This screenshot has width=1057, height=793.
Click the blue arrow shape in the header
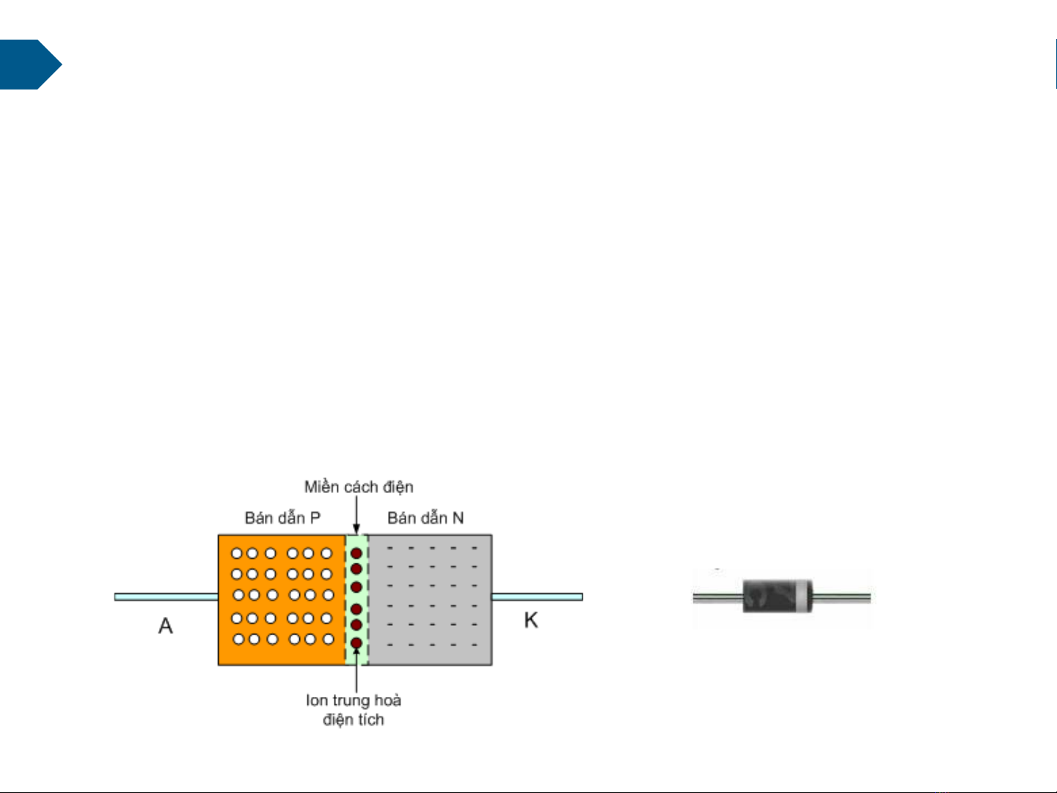[x=29, y=65]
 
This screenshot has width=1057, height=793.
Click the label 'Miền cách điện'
[x=359, y=487]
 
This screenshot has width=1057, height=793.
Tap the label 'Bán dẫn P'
[x=282, y=518]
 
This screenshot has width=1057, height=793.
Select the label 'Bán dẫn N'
[x=425, y=518]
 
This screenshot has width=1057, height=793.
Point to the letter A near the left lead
[x=166, y=626]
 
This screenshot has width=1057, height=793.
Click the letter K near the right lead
[x=531, y=621]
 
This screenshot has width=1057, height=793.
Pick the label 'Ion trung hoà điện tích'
[x=354, y=709]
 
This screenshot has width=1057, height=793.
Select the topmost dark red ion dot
[x=356, y=553]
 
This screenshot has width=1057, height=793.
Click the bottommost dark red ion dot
[x=356, y=643]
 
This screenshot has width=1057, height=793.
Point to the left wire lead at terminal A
[x=166, y=597]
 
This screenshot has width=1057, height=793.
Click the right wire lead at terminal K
[x=537, y=597]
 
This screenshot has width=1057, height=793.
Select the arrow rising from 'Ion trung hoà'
[x=356, y=671]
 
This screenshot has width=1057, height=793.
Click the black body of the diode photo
[x=770, y=596]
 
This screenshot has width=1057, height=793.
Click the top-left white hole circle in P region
[x=237, y=554]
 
